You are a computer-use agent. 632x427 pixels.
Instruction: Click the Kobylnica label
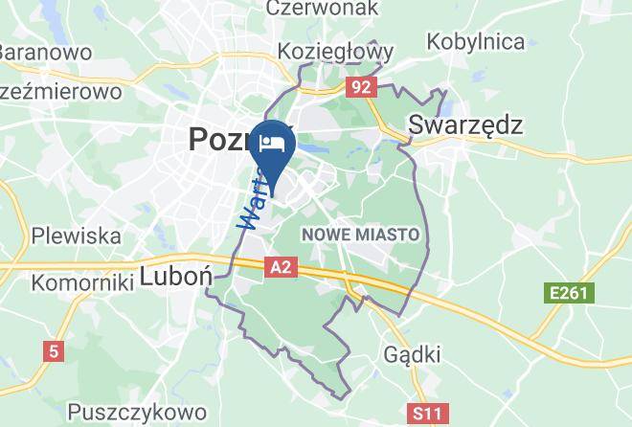476,41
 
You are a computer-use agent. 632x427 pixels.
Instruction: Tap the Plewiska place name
77,235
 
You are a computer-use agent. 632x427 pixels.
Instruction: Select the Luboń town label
175,276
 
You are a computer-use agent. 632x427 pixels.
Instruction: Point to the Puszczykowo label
139,412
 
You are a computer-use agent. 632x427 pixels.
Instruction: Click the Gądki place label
413,354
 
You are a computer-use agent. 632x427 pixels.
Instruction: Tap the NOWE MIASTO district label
360,234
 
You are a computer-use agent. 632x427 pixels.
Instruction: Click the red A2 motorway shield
280,268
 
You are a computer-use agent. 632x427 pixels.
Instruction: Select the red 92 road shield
361,87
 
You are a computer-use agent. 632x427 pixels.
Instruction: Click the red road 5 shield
53,351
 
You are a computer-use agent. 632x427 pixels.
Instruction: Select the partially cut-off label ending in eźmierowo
59,92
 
